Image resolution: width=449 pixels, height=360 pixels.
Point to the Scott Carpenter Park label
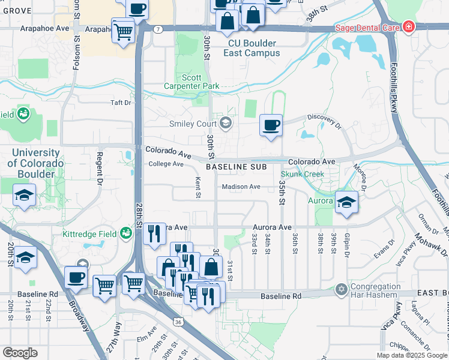pos(192,82)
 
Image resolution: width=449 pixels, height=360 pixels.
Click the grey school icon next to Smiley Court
pos(226,124)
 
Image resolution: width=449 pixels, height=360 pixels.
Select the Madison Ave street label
pos(241,187)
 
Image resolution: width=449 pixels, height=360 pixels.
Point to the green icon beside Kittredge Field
pos(126,233)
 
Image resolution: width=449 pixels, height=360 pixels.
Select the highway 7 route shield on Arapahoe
pos(157,29)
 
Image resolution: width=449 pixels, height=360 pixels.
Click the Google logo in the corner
pos(20,352)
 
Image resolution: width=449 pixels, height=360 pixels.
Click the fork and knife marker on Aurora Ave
pos(154,233)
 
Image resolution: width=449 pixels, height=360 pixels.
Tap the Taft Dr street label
pos(120,103)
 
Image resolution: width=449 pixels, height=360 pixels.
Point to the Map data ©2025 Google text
pos(411,355)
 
